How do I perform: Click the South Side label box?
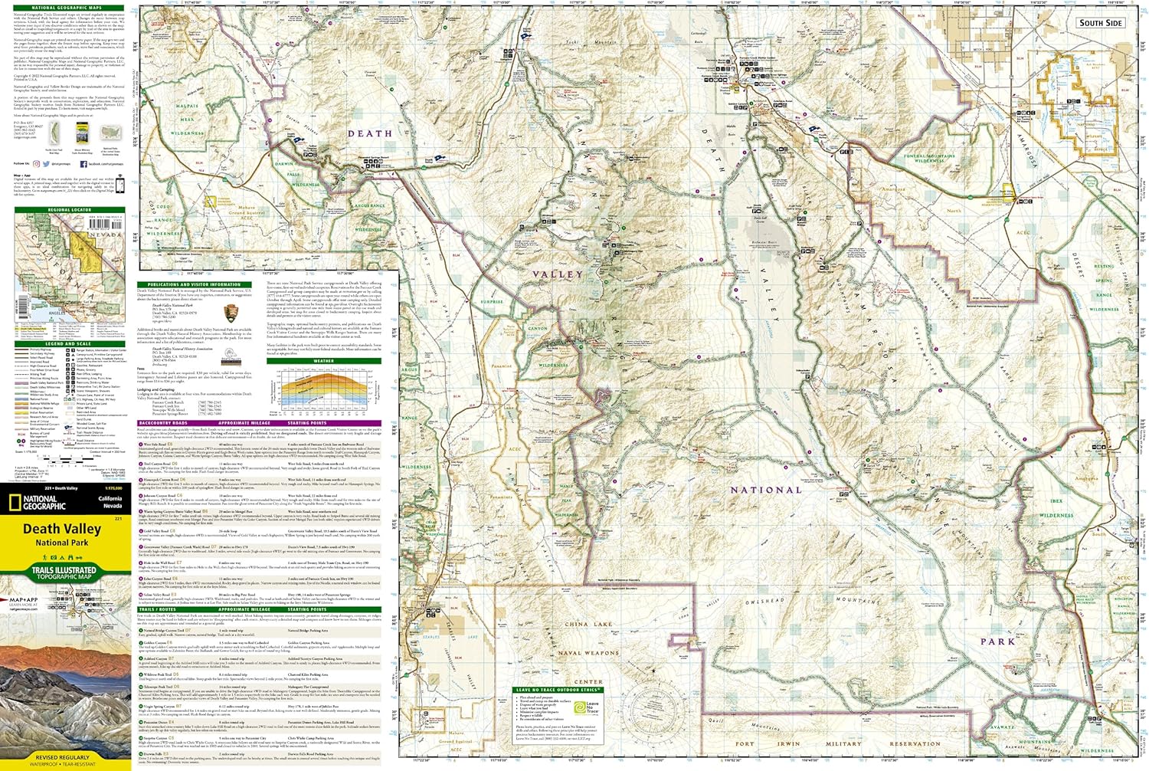[1101, 22]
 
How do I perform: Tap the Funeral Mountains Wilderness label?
[929, 158]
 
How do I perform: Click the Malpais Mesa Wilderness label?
[187, 120]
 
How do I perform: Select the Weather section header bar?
[323, 360]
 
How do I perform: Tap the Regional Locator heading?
[69, 210]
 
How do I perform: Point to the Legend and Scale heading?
[69, 344]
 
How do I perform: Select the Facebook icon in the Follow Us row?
[83, 163]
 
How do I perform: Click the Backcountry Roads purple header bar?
[259, 423]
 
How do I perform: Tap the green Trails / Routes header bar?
[259, 609]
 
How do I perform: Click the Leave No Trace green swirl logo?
[580, 708]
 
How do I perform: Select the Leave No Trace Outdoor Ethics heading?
[558, 690]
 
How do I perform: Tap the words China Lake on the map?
[588, 625]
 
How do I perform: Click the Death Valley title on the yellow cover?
[61, 529]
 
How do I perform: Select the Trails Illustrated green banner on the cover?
[64, 572]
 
